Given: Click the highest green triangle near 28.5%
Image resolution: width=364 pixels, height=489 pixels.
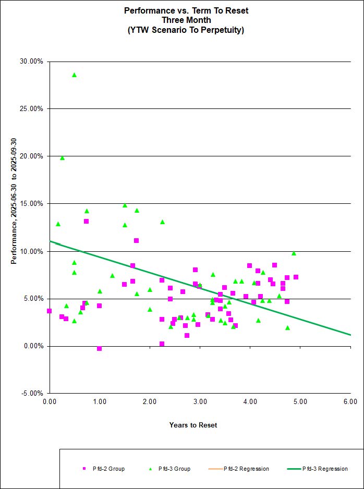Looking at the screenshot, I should tap(74, 75).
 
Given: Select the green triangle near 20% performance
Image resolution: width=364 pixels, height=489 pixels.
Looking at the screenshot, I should tap(62, 157).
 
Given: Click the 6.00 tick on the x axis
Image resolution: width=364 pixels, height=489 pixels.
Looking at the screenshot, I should tap(350, 402).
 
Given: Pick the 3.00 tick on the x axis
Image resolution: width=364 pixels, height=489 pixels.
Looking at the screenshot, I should tap(200, 402).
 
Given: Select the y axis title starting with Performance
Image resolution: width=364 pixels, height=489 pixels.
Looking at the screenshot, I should tap(14, 201).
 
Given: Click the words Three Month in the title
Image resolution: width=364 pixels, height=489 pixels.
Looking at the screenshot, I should tap(186, 20).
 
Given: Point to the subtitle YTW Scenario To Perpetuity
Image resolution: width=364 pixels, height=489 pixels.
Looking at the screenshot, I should tap(186, 30).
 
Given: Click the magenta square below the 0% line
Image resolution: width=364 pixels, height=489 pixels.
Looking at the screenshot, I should tap(99, 348).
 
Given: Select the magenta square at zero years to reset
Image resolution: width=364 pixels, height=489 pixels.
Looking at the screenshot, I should tap(49, 311).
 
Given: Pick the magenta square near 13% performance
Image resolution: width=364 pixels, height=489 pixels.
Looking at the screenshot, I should tap(86, 221).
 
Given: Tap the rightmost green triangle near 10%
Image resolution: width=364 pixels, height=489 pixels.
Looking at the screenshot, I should tap(294, 253).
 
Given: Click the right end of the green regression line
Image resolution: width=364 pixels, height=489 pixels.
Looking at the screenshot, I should tap(350, 335).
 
